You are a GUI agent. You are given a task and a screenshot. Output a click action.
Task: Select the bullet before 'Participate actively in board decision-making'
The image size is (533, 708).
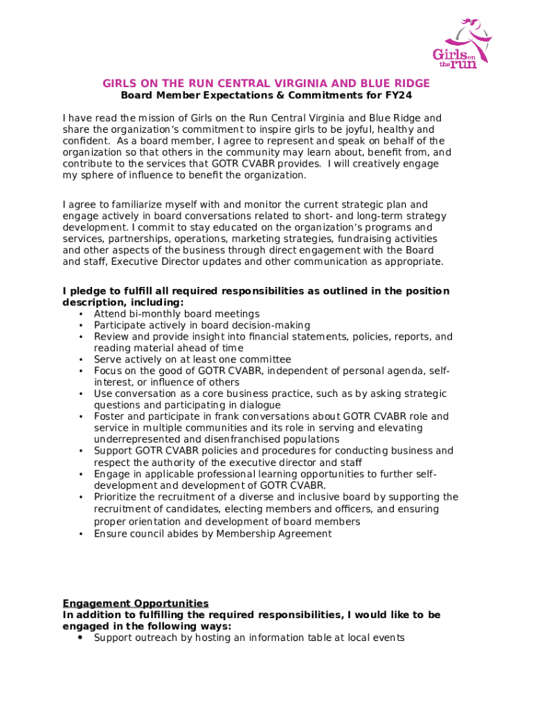click(81, 326)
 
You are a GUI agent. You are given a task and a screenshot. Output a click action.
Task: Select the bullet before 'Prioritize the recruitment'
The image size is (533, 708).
click(81, 497)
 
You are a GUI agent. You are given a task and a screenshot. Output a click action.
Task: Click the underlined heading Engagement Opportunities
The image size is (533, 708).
click(136, 603)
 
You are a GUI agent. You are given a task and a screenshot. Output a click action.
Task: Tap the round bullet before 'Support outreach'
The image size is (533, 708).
click(81, 637)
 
